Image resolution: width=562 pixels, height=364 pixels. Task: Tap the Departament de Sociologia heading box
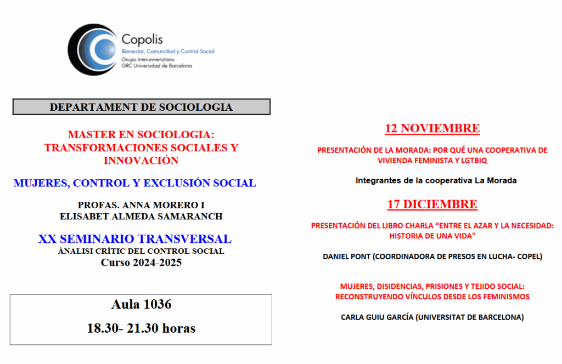tap(141, 107)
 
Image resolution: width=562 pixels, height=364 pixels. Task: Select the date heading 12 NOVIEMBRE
tap(432, 128)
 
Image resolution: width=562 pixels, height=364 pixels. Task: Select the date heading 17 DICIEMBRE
tap(432, 204)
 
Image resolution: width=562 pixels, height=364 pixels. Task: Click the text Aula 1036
tap(141, 304)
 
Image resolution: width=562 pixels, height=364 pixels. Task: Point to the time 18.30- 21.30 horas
tap(141, 328)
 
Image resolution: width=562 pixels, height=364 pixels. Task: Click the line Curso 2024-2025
tap(141, 263)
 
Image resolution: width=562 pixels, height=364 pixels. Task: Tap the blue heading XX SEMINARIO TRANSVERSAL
tap(135, 239)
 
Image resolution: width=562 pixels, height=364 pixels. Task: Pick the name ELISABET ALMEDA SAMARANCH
tap(141, 216)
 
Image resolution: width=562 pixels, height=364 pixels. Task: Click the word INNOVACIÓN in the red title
tap(141, 161)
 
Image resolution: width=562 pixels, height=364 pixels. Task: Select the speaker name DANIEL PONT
tap(347, 256)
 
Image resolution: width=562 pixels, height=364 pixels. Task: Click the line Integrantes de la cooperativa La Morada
tap(436, 180)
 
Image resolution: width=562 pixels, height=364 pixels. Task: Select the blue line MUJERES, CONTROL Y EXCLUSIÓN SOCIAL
tap(135, 183)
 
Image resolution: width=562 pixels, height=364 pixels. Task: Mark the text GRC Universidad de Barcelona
tap(156, 66)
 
